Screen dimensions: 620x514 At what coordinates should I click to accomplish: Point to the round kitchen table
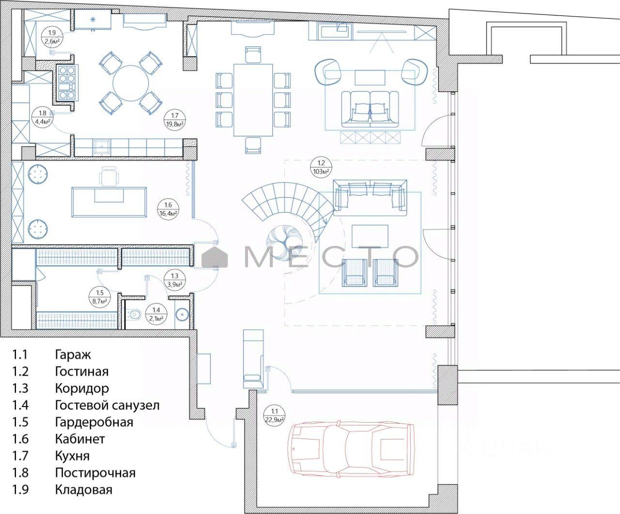pos(130,83)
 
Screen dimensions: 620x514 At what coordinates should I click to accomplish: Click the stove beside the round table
pos(67,82)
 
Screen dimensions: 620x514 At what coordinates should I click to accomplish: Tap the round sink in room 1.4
pos(181,315)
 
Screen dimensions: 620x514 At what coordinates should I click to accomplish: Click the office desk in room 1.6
pos(109,202)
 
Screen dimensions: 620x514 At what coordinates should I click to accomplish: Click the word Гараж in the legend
pos(73,355)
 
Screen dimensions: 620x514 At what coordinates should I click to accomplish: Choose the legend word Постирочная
pos(95,473)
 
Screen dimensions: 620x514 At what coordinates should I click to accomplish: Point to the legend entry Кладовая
pos(84,490)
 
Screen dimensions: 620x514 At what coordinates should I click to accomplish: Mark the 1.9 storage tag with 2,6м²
pos(52,37)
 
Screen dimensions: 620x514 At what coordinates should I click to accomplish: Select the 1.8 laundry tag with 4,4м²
pos(43,117)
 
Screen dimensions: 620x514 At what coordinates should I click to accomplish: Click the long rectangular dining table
pos(253,100)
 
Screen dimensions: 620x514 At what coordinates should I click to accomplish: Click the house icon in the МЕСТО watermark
pos(215,257)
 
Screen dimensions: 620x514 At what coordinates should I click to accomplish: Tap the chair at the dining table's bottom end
pos(253,145)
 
